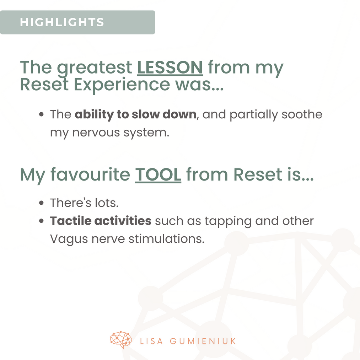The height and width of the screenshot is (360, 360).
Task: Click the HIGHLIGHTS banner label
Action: (x=62, y=22)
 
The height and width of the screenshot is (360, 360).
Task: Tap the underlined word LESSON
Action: (x=170, y=68)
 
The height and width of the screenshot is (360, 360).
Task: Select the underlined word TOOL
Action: (x=158, y=175)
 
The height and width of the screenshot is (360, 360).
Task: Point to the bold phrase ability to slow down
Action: (x=136, y=114)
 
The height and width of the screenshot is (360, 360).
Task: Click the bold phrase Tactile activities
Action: (x=101, y=221)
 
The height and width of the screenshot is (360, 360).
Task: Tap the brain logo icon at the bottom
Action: (x=121, y=340)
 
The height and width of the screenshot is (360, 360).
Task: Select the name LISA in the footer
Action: (x=151, y=341)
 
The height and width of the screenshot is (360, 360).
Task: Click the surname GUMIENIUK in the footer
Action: (x=203, y=341)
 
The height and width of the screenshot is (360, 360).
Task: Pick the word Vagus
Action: (x=69, y=239)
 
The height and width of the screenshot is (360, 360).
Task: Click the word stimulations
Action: (x=166, y=239)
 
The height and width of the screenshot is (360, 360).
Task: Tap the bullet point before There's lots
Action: (x=41, y=203)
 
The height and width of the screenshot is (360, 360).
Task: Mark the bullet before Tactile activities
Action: (x=41, y=221)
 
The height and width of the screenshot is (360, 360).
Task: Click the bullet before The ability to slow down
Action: (x=41, y=114)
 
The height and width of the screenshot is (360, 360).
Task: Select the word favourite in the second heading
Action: (x=90, y=175)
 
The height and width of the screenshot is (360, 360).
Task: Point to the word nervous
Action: (x=96, y=133)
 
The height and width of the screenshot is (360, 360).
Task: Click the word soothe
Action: (x=302, y=114)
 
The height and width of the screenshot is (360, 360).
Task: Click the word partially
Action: (x=254, y=115)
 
